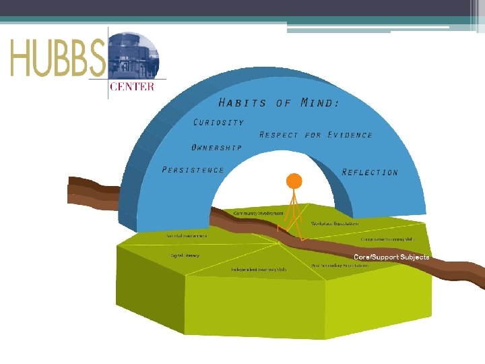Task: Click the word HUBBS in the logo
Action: (57, 58)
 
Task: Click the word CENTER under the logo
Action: (131, 86)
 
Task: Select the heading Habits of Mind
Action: (278, 103)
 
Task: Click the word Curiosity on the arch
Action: (218, 123)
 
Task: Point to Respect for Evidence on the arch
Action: (315, 135)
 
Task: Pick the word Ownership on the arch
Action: (216, 147)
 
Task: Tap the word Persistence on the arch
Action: (193, 170)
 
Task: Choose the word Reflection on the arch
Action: (370, 173)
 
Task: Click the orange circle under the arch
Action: (294, 181)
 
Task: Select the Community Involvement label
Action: (258, 213)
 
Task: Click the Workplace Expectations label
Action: (335, 223)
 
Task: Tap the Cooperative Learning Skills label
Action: (388, 239)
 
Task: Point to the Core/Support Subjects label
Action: (391, 257)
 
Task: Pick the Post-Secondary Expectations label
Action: (340, 266)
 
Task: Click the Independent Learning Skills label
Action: (259, 270)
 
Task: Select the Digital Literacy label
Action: (185, 255)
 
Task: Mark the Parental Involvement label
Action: (187, 236)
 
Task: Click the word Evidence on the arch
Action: (350, 135)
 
